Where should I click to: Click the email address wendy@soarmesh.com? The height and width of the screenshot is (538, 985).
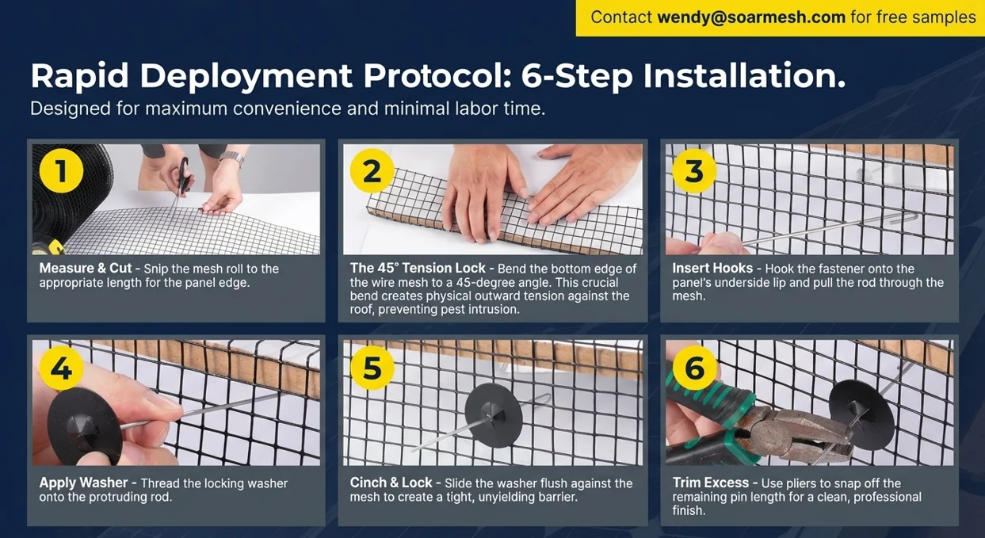(751, 17)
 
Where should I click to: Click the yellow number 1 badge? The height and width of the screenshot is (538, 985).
(61, 170)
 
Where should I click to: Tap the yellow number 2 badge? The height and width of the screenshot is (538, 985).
(372, 170)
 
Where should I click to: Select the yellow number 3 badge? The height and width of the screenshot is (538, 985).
(694, 170)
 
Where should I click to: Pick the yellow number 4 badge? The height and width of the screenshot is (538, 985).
(61, 368)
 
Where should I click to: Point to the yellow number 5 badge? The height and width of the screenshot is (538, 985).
(372, 368)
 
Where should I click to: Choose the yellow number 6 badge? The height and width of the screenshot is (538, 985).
(694, 368)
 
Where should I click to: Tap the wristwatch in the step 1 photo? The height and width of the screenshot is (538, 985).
(231, 158)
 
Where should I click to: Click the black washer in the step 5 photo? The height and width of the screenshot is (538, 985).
(494, 415)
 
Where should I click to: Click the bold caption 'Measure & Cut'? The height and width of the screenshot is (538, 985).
(86, 268)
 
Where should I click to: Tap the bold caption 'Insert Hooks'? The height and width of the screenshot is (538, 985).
(712, 268)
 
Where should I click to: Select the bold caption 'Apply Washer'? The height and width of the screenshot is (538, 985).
(83, 483)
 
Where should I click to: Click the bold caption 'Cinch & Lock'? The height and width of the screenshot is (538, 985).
(391, 483)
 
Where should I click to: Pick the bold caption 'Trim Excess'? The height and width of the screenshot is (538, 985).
(711, 483)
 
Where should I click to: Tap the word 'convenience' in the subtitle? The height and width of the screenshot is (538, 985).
(287, 109)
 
